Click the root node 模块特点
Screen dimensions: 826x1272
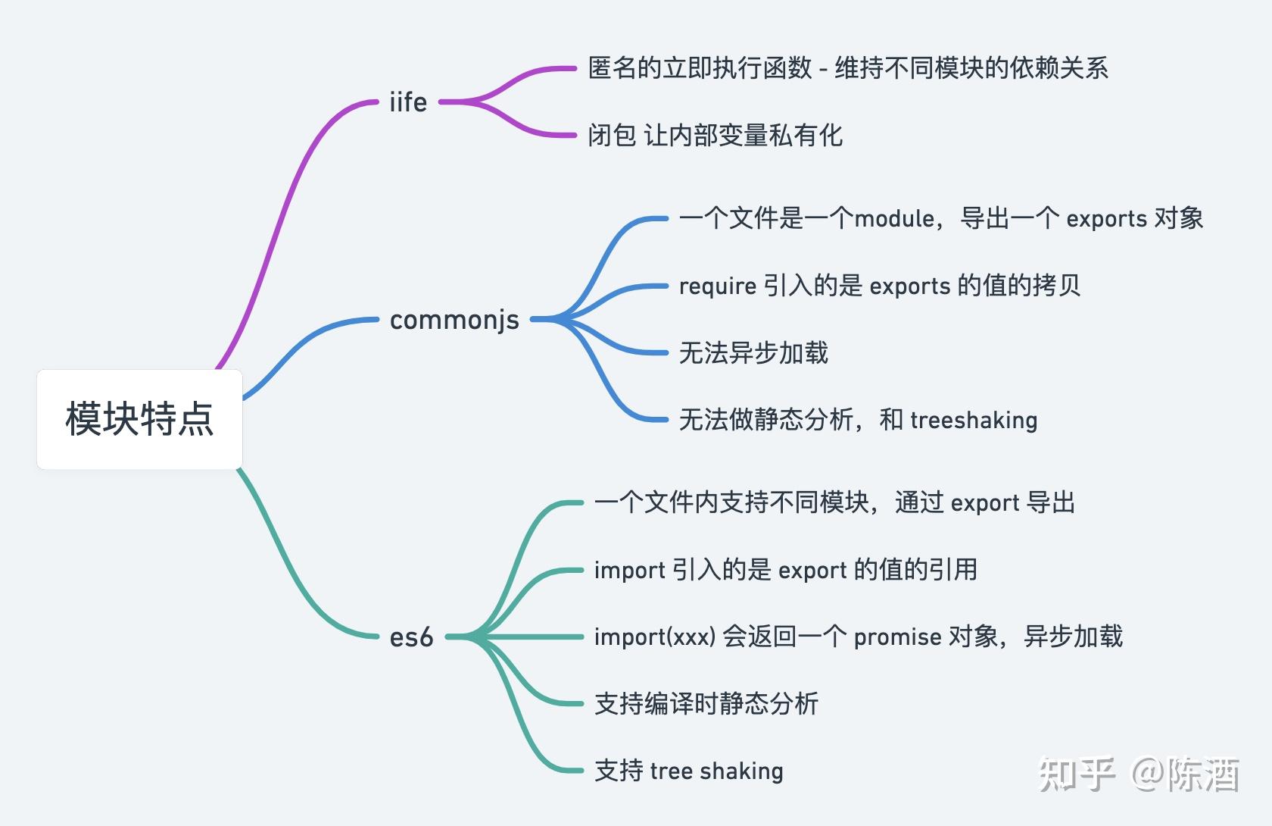[x=139, y=419]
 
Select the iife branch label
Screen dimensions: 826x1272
[x=408, y=102]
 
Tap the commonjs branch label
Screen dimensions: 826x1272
[x=454, y=320]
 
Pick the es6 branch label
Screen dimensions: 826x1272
[x=411, y=637]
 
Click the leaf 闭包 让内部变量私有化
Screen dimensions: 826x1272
[x=715, y=135]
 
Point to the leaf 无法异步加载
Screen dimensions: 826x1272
[x=753, y=352]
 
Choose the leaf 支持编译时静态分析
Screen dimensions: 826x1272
[x=706, y=703]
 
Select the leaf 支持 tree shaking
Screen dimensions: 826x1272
[x=689, y=771]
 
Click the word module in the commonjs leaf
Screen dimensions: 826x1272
[x=894, y=218]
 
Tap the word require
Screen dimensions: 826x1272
[x=717, y=286]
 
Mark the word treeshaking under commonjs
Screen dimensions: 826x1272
[x=974, y=420]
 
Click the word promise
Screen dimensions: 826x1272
[x=897, y=637]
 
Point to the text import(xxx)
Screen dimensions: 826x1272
[x=655, y=637]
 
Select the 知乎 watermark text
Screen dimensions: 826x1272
[x=1077, y=774]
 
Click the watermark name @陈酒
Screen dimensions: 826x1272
[x=1186, y=774]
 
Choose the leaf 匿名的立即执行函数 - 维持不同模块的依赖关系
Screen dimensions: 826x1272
[x=848, y=68]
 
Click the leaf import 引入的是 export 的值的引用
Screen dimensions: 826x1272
[x=785, y=570]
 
